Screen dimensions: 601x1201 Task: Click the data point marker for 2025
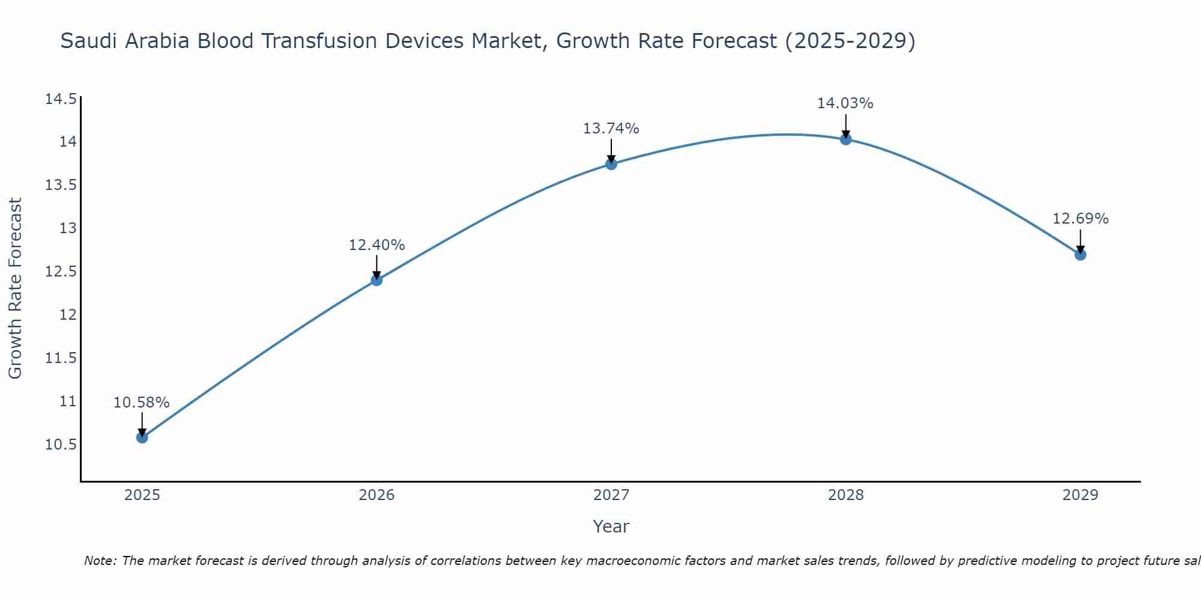coord(142,437)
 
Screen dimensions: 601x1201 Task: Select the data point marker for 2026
coord(377,279)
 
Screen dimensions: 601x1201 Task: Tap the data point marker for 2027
coord(611,163)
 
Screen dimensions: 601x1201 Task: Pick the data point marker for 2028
coord(846,139)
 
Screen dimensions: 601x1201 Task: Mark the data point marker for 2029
coord(1080,254)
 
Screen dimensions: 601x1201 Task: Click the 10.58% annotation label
coord(142,403)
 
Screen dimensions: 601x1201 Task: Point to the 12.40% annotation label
coord(377,245)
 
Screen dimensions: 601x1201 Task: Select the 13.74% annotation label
coord(611,129)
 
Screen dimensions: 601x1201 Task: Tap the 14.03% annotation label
coord(845,103)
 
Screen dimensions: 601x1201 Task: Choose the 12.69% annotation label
coord(1080,219)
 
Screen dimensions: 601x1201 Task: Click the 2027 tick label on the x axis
coord(611,495)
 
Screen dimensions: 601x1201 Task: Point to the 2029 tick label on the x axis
coord(1080,495)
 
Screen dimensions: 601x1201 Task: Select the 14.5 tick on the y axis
coord(61,99)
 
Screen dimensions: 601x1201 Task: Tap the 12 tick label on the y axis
coord(69,315)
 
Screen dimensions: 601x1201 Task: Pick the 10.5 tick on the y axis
coord(61,445)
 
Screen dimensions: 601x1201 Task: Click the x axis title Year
coord(611,526)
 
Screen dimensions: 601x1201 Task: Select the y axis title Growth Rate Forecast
coord(16,288)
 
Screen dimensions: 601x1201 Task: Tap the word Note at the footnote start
coord(99,561)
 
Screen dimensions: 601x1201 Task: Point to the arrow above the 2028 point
coord(846,126)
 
